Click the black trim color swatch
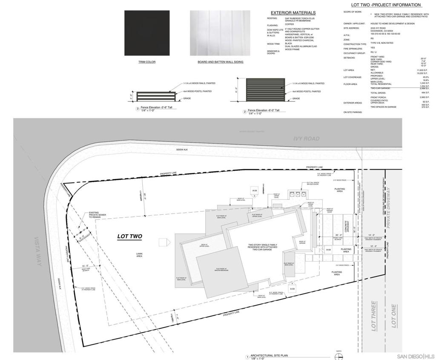pyautogui.click(x=146, y=33)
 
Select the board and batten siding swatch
pyautogui.click(x=220, y=33)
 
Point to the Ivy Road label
pyautogui.click(x=306, y=138)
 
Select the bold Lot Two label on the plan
pyautogui.click(x=130, y=236)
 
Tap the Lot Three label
pyautogui.click(x=373, y=316)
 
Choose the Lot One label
pyautogui.click(x=394, y=316)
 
